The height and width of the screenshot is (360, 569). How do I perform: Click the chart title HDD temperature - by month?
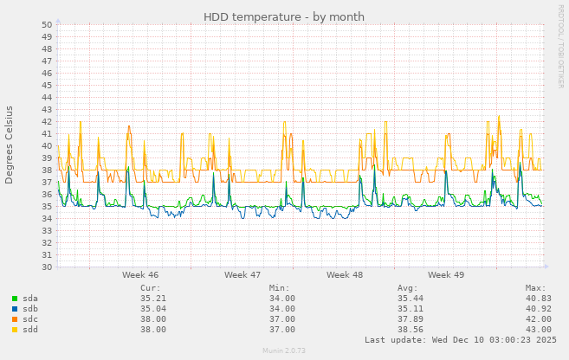[x=284, y=17]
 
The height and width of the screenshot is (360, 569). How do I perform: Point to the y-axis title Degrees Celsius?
[x=10, y=145]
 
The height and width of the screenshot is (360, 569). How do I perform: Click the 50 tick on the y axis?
[x=47, y=24]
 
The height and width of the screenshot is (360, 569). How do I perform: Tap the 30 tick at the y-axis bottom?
[x=47, y=267]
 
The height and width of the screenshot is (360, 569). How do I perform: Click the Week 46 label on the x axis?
[x=140, y=274]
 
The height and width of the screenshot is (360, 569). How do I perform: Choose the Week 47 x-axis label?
[x=242, y=274]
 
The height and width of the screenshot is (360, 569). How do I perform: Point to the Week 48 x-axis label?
[x=345, y=274]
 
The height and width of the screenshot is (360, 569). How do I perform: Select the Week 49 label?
[x=446, y=274]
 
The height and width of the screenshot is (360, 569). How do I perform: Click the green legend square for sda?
[x=15, y=299]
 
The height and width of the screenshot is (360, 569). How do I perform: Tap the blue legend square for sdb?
[x=15, y=309]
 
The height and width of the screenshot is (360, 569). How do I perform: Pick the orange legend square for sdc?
[x=15, y=319]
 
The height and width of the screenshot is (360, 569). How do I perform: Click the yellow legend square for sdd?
[x=15, y=330]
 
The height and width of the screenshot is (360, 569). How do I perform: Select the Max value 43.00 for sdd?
[x=538, y=330]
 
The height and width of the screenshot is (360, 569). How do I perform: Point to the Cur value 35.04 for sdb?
[x=152, y=308]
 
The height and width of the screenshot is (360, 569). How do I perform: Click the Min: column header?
[x=279, y=287]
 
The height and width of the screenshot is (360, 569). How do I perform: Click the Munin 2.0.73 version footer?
[x=284, y=351]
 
